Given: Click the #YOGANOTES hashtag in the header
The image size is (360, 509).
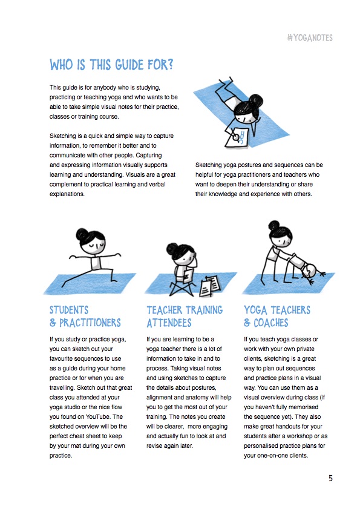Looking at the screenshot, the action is pyautogui.click(x=310, y=38).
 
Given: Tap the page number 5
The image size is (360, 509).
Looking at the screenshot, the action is pyautogui.click(x=330, y=478).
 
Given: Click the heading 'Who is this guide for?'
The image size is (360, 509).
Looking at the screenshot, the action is pyautogui.click(x=111, y=65).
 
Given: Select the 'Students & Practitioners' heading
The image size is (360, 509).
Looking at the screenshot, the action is pyautogui.click(x=85, y=317).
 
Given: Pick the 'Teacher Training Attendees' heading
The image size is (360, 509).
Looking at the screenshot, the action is pyautogui.click(x=185, y=317).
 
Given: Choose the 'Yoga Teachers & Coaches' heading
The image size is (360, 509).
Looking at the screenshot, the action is pyautogui.click(x=277, y=317).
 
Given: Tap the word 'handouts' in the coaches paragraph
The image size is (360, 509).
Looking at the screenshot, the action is pyautogui.click(x=294, y=426).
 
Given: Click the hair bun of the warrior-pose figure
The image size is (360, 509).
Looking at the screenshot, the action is pyautogui.click(x=82, y=234).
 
